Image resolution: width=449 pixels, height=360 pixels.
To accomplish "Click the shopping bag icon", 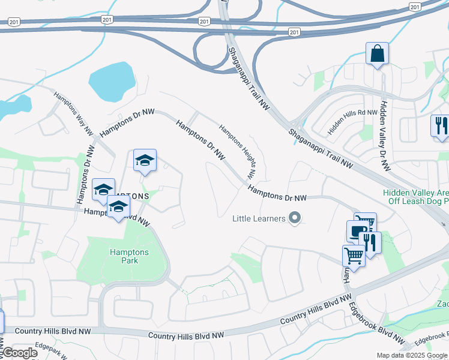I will [377, 53].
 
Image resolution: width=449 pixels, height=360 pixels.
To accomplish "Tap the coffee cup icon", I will [357, 232].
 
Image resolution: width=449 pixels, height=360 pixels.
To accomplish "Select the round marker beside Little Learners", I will [294, 218].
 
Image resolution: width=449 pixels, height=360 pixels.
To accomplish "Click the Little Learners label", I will [259, 218].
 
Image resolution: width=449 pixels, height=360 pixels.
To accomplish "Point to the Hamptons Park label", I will [124, 256].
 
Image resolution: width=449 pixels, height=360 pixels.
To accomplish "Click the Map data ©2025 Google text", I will [412, 355].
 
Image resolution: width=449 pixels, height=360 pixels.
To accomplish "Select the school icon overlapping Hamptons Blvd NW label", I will [119, 207].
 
